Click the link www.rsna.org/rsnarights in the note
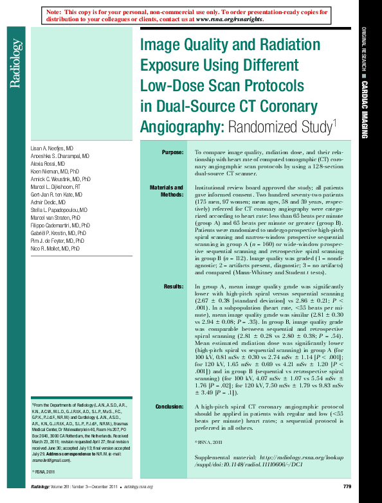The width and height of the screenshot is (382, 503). [229, 19]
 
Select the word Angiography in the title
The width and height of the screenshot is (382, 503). [181, 125]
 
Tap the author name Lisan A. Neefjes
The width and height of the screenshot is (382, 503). [52, 148]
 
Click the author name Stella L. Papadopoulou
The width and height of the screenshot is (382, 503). [61, 209]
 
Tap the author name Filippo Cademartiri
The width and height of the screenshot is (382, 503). [60, 225]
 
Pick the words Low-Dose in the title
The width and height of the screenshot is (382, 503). [171, 85]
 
